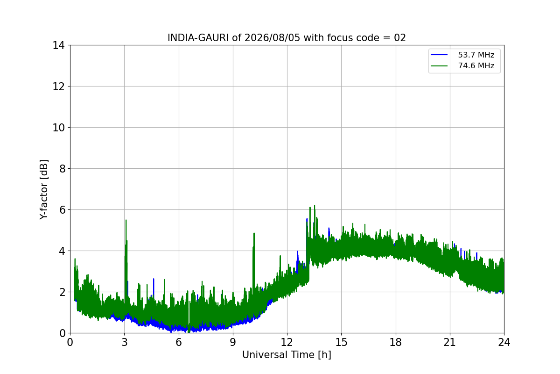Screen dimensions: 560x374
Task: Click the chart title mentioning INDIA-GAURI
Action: (287, 38)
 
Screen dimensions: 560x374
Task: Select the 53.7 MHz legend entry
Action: (462, 55)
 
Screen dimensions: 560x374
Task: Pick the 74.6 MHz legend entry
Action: (462, 65)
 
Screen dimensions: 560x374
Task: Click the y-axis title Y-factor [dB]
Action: (44, 190)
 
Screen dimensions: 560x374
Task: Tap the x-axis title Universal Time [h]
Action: (287, 355)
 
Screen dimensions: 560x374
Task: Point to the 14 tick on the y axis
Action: (58, 45)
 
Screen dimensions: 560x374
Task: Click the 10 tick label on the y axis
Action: (58, 128)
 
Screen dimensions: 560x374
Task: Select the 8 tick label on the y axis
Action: (62, 169)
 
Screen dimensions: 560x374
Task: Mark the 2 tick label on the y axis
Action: (62, 292)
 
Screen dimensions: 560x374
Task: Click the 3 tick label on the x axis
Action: (125, 342)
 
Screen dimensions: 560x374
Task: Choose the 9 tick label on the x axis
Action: (233, 342)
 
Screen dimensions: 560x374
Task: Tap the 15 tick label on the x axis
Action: (341, 342)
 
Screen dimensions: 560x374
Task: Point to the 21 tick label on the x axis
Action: (450, 342)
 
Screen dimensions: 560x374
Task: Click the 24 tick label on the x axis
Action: (504, 342)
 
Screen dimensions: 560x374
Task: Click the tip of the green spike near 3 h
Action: (126, 220)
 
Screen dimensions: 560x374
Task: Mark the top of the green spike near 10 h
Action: (254, 233)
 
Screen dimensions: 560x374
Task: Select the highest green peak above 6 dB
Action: (315, 205)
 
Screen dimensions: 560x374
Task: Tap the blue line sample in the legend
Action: (439, 55)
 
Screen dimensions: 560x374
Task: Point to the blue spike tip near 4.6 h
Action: (154, 279)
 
